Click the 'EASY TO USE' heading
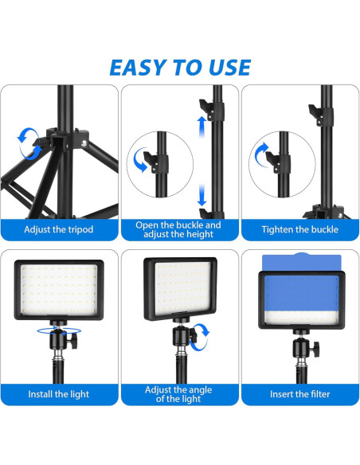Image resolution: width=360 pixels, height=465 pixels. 180,68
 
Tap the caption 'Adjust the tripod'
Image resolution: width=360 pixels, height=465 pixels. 59,229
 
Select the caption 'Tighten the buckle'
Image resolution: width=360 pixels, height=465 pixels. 299,229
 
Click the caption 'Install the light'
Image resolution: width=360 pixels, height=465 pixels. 59,394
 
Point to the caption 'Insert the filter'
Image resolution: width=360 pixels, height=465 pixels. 299,394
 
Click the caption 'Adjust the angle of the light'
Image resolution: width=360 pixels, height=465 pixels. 178,394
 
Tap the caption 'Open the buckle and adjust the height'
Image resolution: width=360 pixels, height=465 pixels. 178,229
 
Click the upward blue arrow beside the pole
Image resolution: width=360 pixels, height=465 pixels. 202,127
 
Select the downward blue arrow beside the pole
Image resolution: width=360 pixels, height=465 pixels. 202,195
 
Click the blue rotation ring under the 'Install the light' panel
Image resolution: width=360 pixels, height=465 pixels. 59,330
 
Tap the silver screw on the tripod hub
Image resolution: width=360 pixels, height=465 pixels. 84,144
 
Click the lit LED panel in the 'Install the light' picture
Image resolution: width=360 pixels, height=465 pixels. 59,290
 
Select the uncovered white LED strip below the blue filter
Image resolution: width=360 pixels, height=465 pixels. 301,318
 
